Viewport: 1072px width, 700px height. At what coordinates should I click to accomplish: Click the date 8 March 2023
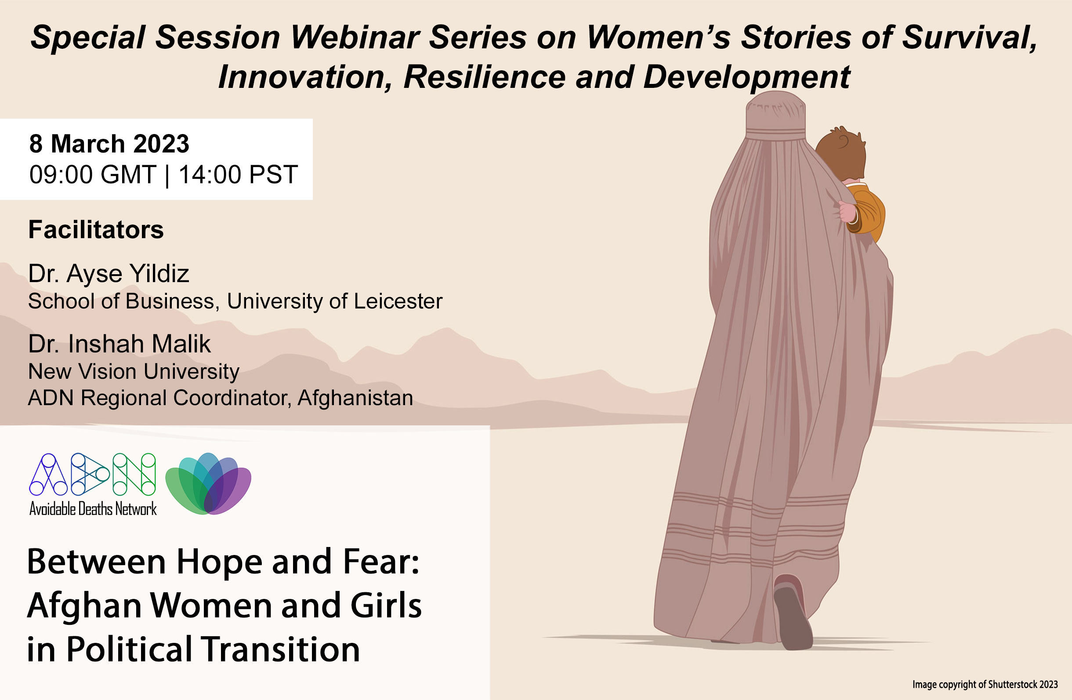click(109, 144)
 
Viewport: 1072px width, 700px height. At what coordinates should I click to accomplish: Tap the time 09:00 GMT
click(92, 174)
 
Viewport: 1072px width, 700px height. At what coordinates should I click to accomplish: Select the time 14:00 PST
click(238, 174)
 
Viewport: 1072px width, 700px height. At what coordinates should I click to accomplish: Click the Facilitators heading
click(96, 229)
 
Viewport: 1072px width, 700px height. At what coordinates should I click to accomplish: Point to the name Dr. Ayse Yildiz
click(109, 273)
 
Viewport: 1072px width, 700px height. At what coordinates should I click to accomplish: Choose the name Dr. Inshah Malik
click(120, 344)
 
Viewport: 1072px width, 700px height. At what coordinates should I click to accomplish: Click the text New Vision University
click(134, 372)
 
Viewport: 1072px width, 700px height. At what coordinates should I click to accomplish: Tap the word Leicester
click(398, 301)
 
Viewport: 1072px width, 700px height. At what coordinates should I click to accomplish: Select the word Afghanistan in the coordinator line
click(355, 398)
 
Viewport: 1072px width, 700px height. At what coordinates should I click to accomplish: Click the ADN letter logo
click(92, 474)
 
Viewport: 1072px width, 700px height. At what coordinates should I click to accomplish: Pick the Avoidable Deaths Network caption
click(93, 508)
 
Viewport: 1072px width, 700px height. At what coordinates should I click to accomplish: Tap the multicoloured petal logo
click(208, 483)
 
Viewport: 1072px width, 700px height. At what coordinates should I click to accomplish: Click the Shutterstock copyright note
click(985, 684)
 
